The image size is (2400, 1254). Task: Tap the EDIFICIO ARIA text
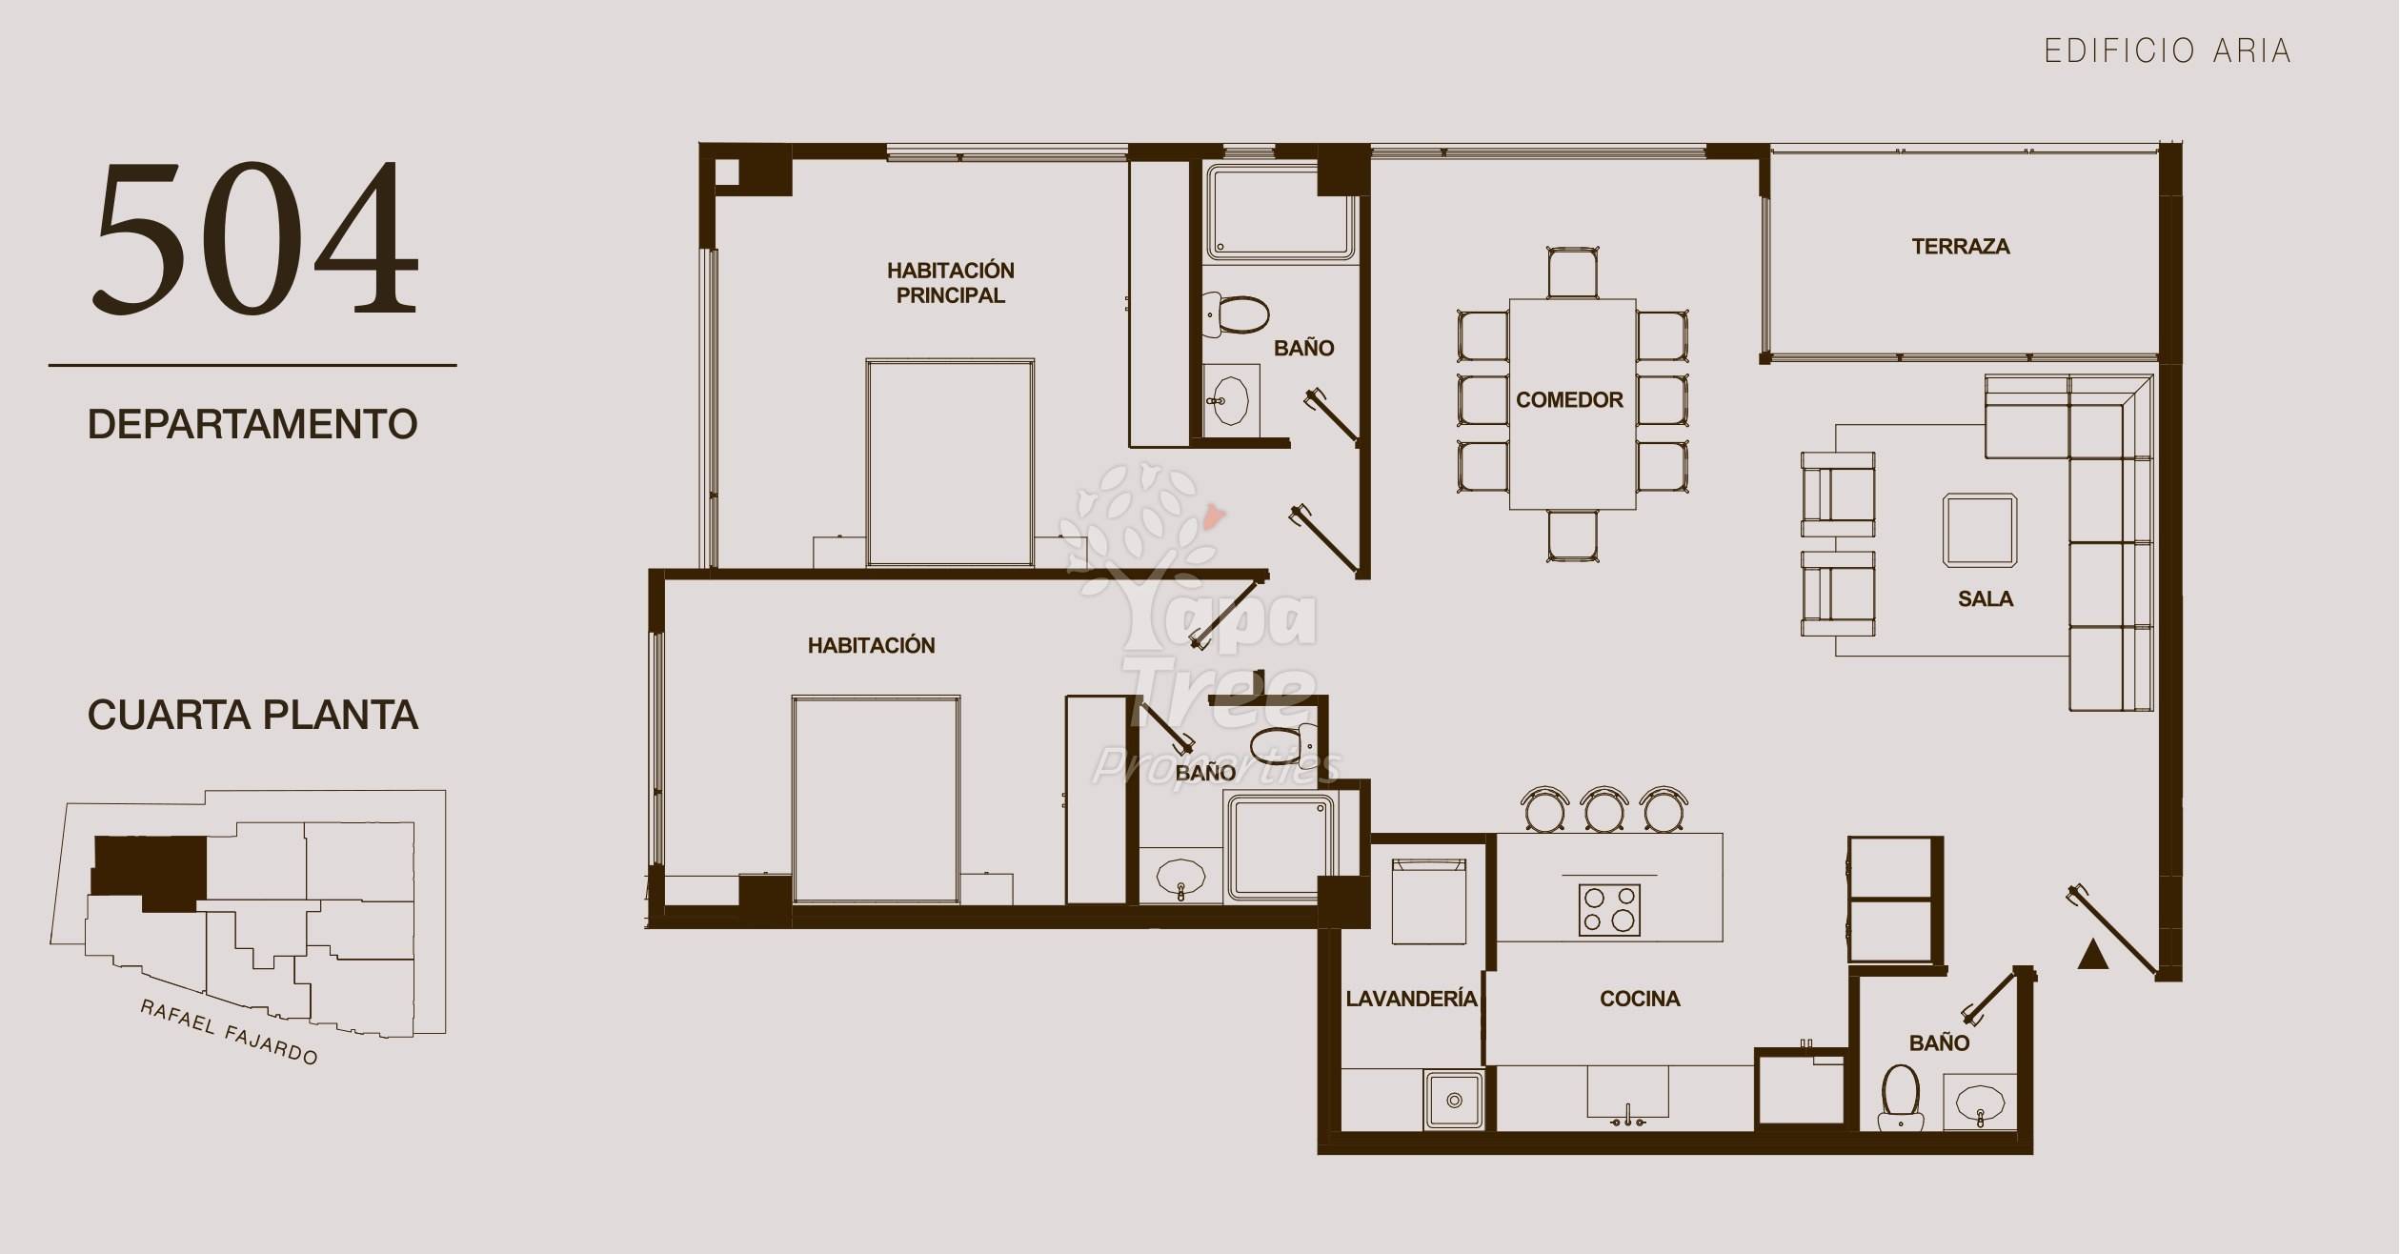[2168, 51]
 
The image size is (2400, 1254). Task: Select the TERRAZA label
[1961, 247]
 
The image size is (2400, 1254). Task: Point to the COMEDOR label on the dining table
[1569, 400]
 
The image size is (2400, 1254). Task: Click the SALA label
[1986, 599]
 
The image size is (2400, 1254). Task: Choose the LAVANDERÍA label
[1411, 998]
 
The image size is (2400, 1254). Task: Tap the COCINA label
[1640, 999]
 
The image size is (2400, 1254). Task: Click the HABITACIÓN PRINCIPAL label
[950, 283]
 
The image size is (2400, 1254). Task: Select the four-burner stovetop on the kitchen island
[1609, 909]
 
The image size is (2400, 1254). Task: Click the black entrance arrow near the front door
[2092, 954]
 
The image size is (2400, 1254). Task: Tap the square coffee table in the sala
[1980, 531]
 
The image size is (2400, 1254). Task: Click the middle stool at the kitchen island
[1604, 810]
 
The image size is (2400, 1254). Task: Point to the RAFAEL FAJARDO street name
[229, 1032]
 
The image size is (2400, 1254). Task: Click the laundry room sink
[1454, 1100]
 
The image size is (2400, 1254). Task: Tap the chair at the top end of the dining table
[1573, 273]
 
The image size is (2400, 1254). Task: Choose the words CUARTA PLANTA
[252, 715]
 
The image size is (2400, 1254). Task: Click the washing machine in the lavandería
[1428, 901]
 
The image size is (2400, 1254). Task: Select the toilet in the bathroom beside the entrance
[1901, 1098]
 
